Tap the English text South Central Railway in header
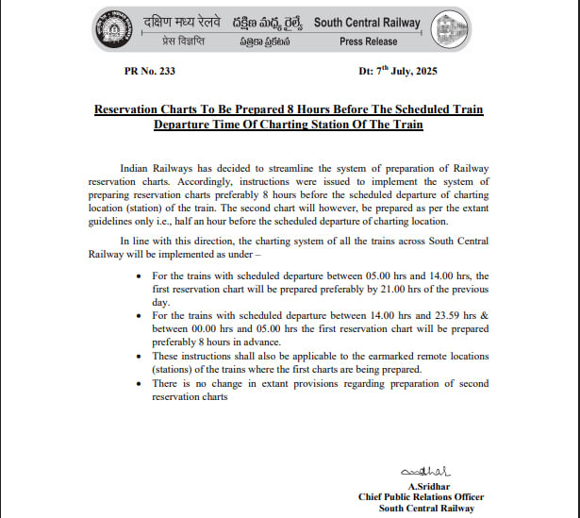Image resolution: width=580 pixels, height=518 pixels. (369, 22)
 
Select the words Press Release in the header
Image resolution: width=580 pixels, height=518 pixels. (368, 41)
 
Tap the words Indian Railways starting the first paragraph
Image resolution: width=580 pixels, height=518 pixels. (155, 167)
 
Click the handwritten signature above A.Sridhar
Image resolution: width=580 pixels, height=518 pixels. (426, 471)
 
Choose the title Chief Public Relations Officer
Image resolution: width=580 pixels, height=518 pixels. (421, 496)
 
